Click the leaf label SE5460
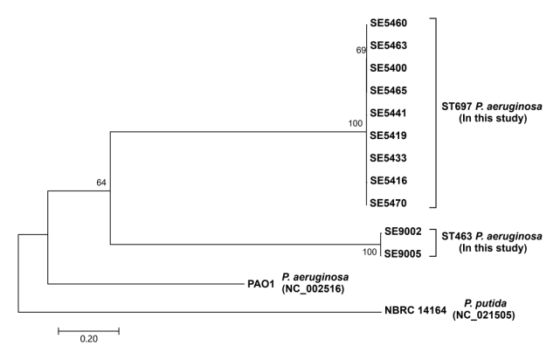tap(388, 23)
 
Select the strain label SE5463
tap(388, 45)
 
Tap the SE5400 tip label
tap(388, 68)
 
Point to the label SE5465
tap(388, 90)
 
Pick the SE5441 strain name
tap(388, 113)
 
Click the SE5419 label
tap(388, 135)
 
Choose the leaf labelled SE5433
tap(388, 158)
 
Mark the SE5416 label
tap(388, 180)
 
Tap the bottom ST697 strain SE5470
tap(388, 203)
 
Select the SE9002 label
tap(403, 232)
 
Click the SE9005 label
tap(403, 254)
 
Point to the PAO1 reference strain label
tap(261, 284)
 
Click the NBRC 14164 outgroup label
tap(415, 310)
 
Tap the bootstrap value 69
tap(361, 51)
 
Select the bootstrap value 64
tap(101, 183)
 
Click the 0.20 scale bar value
tap(88, 338)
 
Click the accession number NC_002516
tap(313, 289)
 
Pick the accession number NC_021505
tap(484, 315)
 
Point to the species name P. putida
tap(485, 303)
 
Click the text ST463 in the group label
tap(457, 236)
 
